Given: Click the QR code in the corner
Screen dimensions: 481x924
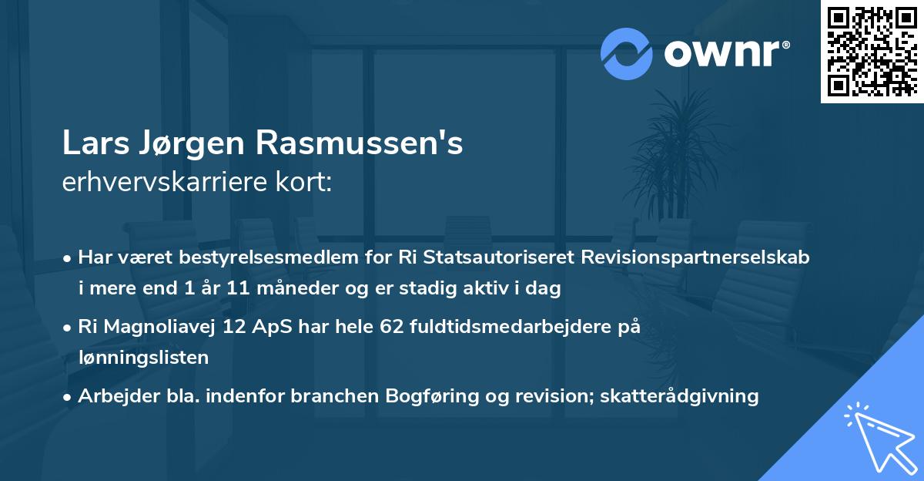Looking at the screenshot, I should pyautogui.click(x=872, y=52).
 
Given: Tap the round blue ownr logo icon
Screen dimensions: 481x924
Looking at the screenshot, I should pyautogui.click(x=626, y=53).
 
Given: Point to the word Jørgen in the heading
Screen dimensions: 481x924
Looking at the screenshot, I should pyautogui.click(x=205, y=144).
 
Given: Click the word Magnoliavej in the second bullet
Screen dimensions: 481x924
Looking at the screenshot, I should pyautogui.click(x=162, y=326).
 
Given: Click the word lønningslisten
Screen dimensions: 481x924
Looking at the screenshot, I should pyautogui.click(x=143, y=358).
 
